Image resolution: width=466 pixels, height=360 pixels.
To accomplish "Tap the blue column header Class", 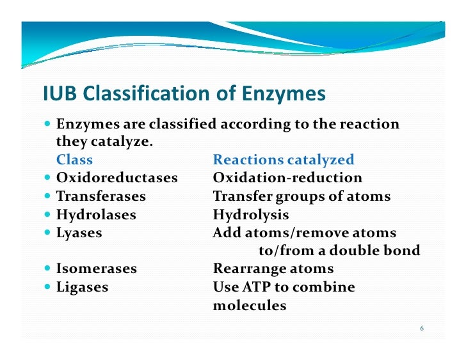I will tap(74, 160).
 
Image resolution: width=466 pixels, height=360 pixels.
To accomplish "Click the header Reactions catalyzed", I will tap(283, 160).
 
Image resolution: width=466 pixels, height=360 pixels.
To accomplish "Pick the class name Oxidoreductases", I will tap(117, 178).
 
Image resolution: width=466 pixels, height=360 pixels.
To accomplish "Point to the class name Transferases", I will tap(101, 196).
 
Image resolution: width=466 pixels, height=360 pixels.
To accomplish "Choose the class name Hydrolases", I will tap(96, 215).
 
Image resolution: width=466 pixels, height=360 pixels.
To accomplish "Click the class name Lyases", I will tap(79, 233).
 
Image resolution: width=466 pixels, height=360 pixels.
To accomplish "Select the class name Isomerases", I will tap(97, 269).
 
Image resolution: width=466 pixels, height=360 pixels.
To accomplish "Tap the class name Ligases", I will tap(83, 288).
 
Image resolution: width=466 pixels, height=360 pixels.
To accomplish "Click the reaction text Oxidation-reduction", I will tap(287, 178).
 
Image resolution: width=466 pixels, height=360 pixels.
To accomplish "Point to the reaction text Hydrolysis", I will tap(250, 215).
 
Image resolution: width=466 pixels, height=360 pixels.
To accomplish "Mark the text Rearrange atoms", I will tap(273, 269).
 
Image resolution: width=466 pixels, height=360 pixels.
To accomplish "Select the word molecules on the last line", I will tap(249, 306).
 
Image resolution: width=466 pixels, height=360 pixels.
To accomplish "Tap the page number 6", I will tap(422, 329).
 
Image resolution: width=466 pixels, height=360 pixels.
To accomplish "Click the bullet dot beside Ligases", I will tap(49, 288).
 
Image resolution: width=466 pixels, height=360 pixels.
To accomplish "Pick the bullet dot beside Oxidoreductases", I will tap(49, 178).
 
